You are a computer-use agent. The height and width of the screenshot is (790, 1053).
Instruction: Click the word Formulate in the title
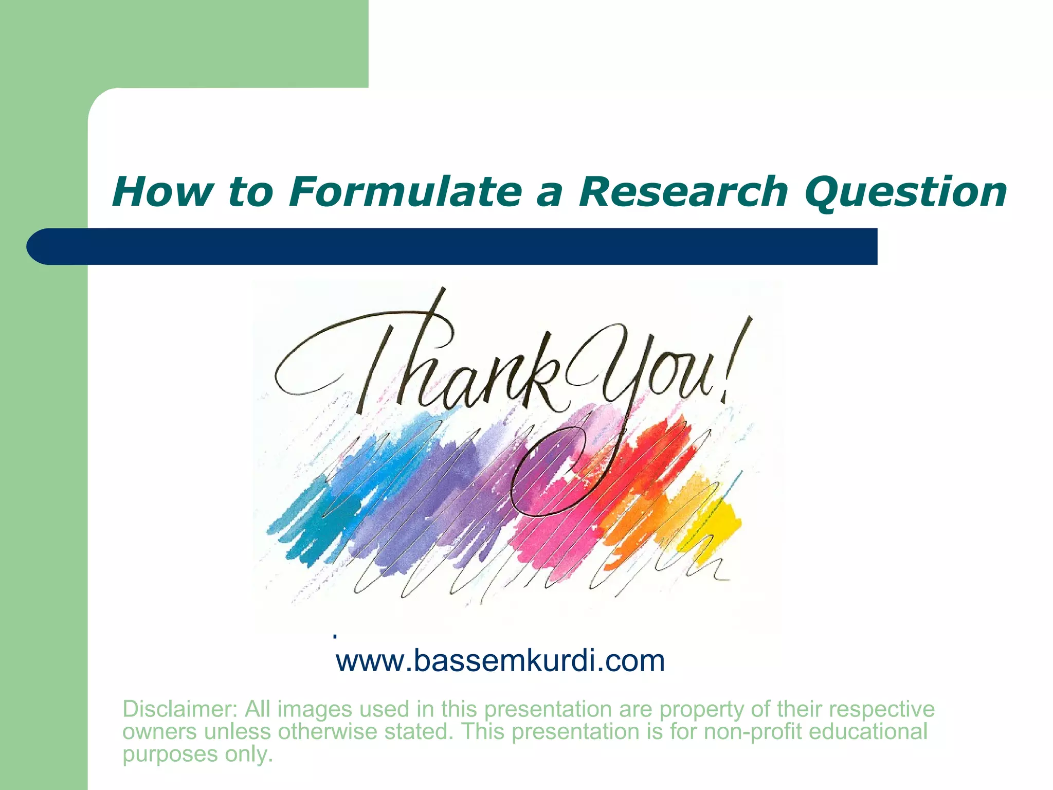(x=405, y=192)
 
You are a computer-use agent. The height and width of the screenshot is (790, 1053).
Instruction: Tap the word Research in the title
(x=682, y=192)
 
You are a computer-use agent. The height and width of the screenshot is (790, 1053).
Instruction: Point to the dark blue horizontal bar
(x=452, y=246)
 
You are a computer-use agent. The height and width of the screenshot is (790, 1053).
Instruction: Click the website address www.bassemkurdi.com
(x=500, y=661)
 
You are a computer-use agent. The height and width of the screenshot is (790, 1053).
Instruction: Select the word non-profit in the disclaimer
(x=752, y=731)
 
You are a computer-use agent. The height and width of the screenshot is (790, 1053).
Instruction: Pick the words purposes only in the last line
(x=197, y=754)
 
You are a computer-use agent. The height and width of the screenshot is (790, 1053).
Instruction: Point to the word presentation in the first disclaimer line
(x=548, y=709)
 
